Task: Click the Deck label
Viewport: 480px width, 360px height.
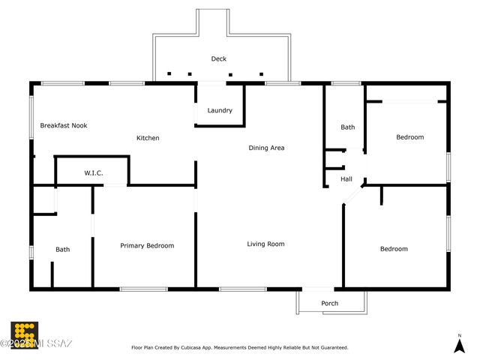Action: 218,58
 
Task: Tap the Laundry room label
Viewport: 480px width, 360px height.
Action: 220,110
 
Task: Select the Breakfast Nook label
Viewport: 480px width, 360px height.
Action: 63,125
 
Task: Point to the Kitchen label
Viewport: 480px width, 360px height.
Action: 147,138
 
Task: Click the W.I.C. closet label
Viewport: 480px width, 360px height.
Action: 93,173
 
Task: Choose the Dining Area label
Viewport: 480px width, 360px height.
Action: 266,148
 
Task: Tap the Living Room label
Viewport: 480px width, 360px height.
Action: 265,244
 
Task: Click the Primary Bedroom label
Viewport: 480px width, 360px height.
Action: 147,245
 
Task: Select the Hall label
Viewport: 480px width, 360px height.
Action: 346,179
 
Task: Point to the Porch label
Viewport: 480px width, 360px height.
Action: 329,304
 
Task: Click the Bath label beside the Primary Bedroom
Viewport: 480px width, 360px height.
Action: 62,249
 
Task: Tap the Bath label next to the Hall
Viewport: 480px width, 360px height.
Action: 347,127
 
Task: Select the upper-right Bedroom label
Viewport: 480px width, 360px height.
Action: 409,137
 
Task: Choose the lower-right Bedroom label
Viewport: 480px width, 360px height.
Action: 394,249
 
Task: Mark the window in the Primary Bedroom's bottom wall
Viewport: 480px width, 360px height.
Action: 143,289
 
